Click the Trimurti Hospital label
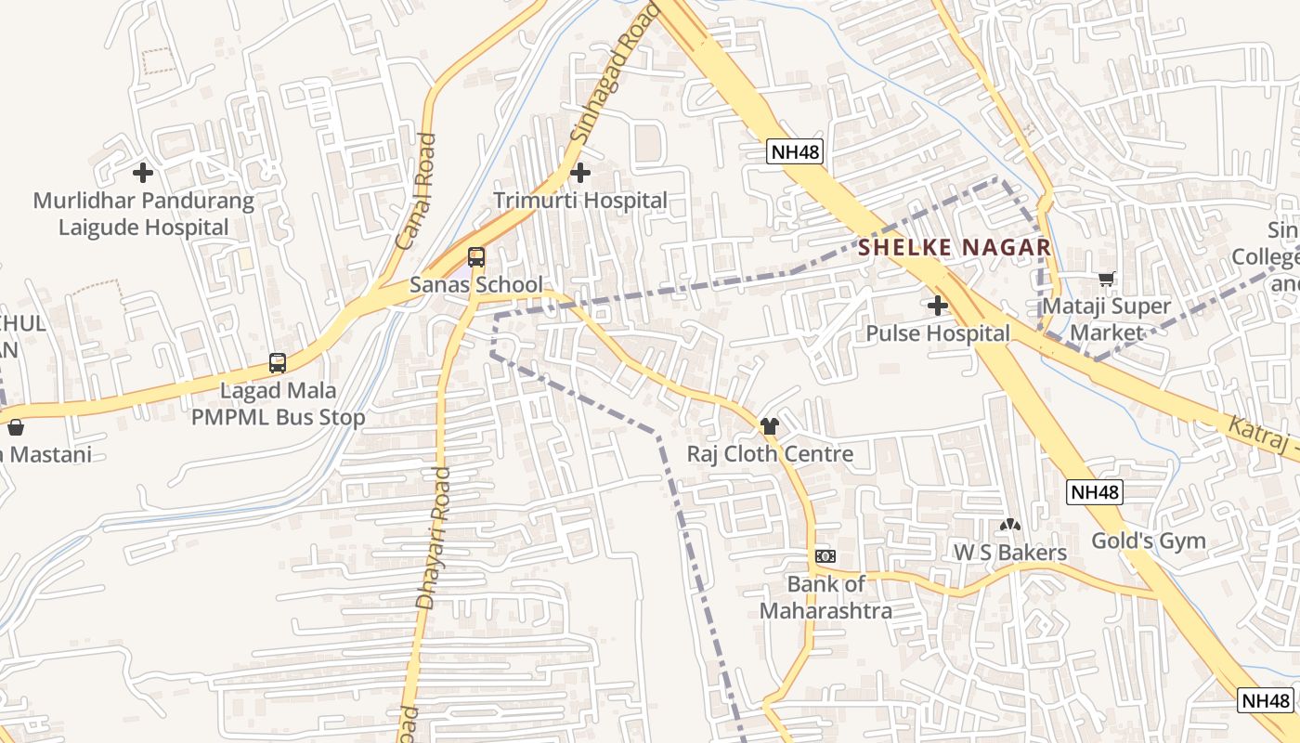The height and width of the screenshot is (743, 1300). click(580, 201)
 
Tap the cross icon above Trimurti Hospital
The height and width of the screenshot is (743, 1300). click(580, 173)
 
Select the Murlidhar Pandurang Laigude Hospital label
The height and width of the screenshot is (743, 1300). click(143, 215)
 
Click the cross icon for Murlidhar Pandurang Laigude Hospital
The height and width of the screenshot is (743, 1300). click(143, 173)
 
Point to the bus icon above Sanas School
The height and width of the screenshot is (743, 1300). click(476, 257)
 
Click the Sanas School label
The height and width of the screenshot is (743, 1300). click(476, 285)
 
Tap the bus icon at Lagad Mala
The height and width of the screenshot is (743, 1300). click(278, 363)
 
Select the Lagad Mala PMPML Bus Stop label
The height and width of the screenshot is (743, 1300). click(278, 405)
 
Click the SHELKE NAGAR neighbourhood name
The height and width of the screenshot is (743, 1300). click(955, 248)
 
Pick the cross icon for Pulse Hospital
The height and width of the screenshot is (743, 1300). click(938, 305)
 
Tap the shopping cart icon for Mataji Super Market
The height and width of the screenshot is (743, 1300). click(1106, 279)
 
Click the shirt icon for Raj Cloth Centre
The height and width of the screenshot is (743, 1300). click(770, 426)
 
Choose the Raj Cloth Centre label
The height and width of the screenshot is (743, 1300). click(770, 454)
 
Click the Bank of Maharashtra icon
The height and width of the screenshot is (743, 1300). click(825, 556)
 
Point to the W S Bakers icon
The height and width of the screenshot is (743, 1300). click(1010, 526)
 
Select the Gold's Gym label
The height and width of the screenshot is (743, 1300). click(1148, 541)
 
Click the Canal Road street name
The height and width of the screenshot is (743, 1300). click(416, 191)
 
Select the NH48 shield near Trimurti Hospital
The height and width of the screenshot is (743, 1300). click(795, 152)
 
